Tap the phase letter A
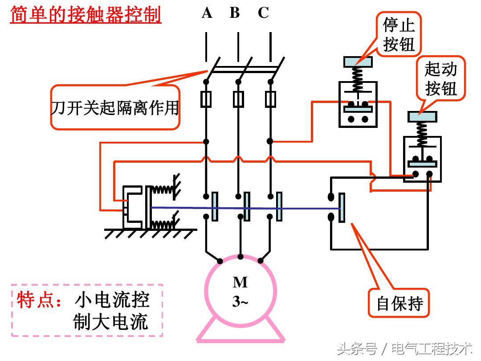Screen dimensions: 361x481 click(207, 13)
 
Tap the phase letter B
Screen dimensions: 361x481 click(235, 13)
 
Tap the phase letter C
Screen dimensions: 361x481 click(263, 13)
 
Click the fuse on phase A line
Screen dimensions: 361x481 click(206, 99)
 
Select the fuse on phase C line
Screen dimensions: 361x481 click(270, 99)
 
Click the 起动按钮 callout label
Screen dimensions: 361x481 click(440, 78)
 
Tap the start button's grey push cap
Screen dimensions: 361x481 click(422, 117)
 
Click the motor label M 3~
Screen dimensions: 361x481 click(240, 292)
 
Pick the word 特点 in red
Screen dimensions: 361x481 click(36, 300)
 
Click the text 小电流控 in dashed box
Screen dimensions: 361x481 click(112, 300)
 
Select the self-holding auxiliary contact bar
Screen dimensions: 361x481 click(342, 208)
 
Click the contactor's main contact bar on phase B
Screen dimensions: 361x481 click(247, 206)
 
